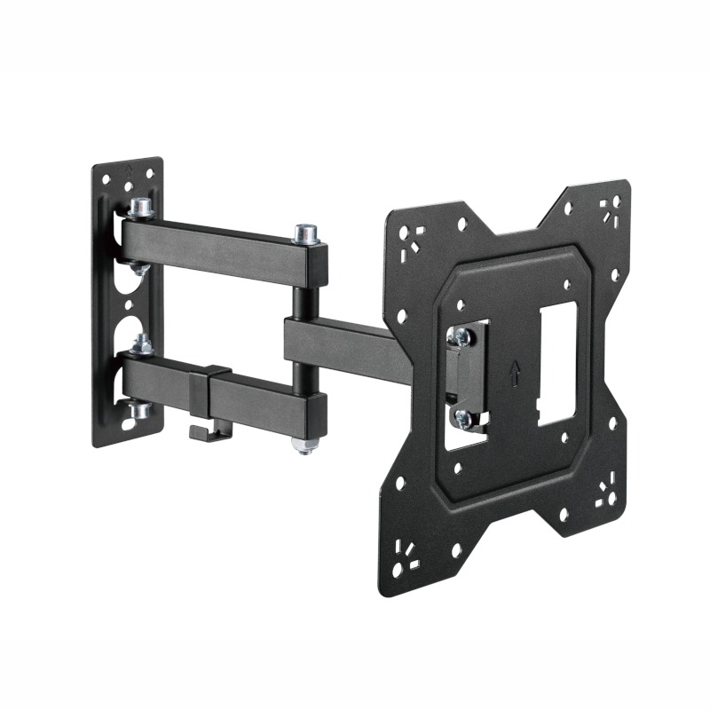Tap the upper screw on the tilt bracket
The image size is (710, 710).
(460, 335)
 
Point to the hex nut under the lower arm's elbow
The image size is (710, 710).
(305, 443)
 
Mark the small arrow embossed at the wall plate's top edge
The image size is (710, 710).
(129, 166)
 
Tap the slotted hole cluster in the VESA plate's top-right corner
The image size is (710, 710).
(608, 209)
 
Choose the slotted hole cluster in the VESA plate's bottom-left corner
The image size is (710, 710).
(407, 550)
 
